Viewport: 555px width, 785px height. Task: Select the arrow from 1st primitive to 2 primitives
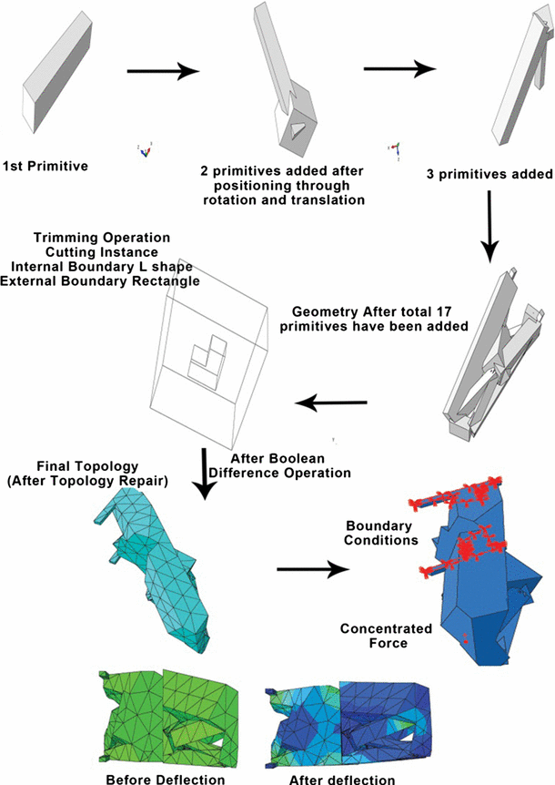163,71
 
